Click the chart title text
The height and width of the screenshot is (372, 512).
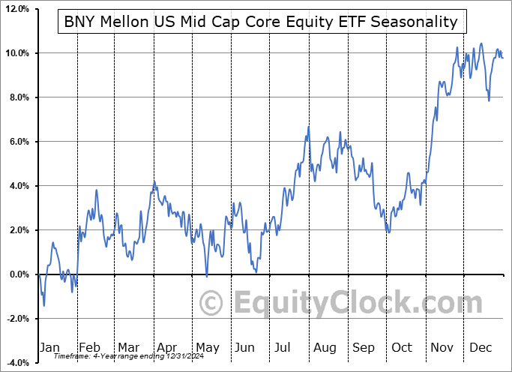point(260,22)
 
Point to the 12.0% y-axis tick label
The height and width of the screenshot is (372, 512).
point(16,9)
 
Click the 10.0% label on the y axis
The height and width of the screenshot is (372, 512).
point(16,53)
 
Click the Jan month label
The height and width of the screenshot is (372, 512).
point(49,347)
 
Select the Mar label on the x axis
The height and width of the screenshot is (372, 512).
point(128,347)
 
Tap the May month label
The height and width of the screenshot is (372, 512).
point(207,347)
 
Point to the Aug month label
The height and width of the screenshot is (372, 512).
point(325,347)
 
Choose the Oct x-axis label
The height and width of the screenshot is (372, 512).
point(403,347)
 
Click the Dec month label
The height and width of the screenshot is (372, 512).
point(481,347)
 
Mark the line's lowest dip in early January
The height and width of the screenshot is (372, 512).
point(43,305)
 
